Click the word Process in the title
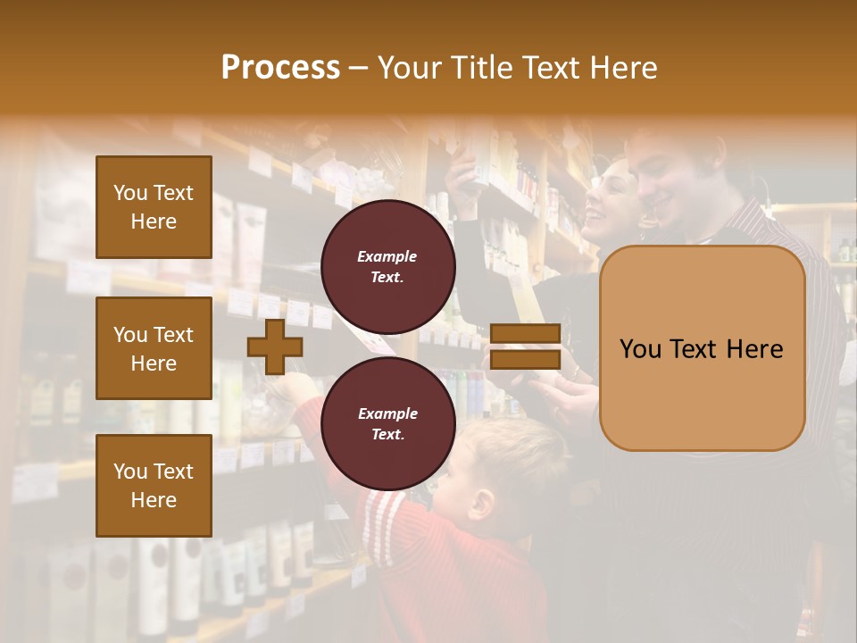(280, 68)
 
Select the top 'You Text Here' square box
(154, 207)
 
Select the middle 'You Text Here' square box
(154, 348)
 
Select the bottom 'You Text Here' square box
(154, 486)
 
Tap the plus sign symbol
(275, 345)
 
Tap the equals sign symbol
(526, 347)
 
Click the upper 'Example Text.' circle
(387, 266)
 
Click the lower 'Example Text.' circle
(387, 423)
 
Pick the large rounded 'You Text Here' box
(702, 348)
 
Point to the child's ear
(482, 505)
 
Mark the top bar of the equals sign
(526, 334)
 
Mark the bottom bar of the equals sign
(526, 359)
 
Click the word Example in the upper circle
(387, 256)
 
